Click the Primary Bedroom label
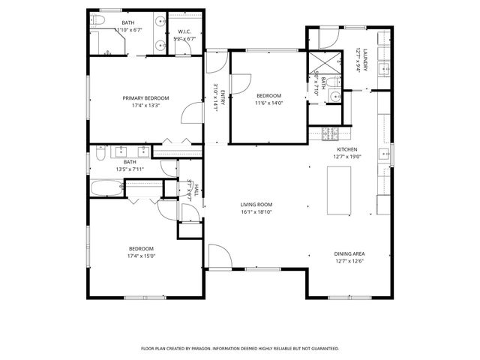click(x=145, y=98)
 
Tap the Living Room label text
click(x=256, y=205)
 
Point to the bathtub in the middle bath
click(x=108, y=187)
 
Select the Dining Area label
click(x=349, y=253)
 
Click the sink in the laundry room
click(x=383, y=70)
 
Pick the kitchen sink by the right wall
click(x=384, y=154)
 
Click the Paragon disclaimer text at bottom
click(x=240, y=349)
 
